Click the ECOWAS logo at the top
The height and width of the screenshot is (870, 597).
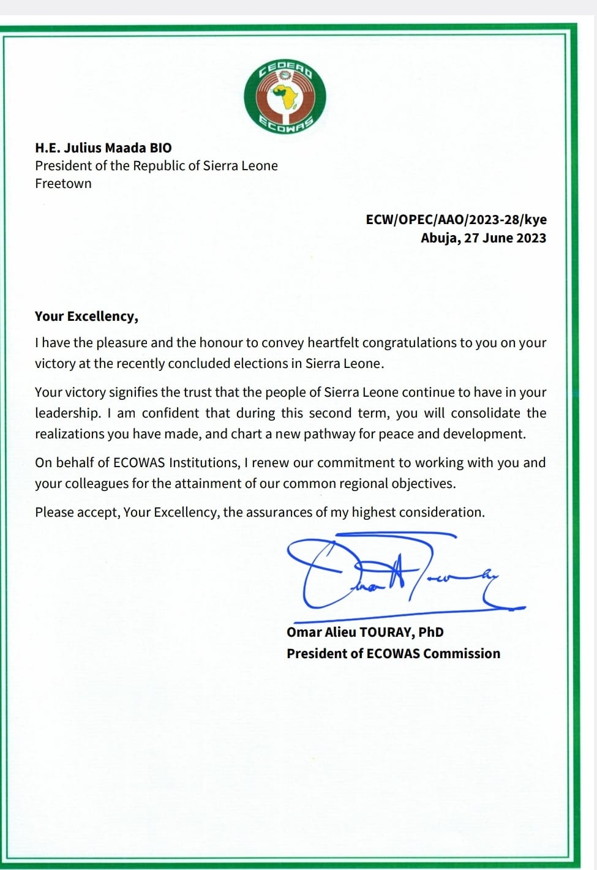click(x=285, y=97)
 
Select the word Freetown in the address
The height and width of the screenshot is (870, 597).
click(x=63, y=184)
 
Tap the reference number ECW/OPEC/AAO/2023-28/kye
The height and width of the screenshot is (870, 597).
click(x=456, y=220)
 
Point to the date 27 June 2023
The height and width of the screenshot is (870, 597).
click(x=505, y=238)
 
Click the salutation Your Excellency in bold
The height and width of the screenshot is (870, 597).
click(x=85, y=317)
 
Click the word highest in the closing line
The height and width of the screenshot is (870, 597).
click(x=374, y=512)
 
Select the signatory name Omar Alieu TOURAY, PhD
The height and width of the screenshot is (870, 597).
click(x=365, y=632)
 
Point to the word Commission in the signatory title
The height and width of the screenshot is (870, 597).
click(x=462, y=654)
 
